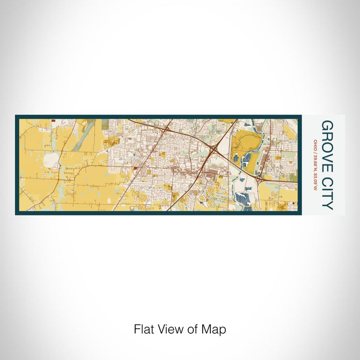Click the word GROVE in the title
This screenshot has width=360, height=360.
327,146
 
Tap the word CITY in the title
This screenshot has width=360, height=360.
327,193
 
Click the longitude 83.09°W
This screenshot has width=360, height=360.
315,180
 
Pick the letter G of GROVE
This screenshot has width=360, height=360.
327,126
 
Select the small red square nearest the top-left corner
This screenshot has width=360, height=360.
52,121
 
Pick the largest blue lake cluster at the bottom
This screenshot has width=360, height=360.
241,198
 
